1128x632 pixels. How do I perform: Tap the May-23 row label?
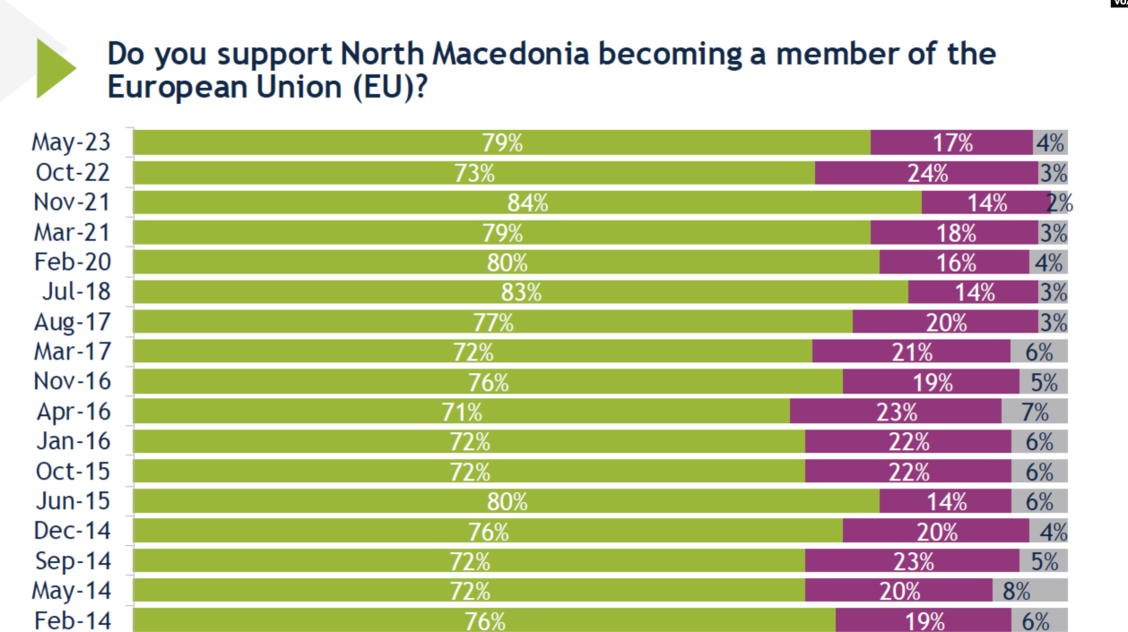pyautogui.click(x=72, y=143)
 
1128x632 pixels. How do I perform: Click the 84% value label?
pyautogui.click(x=527, y=203)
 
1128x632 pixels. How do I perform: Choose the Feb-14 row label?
pyautogui.click(x=73, y=620)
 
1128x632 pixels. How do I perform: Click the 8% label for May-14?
pyautogui.click(x=1017, y=591)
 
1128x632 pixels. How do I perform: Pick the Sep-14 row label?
pyautogui.click(x=73, y=561)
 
